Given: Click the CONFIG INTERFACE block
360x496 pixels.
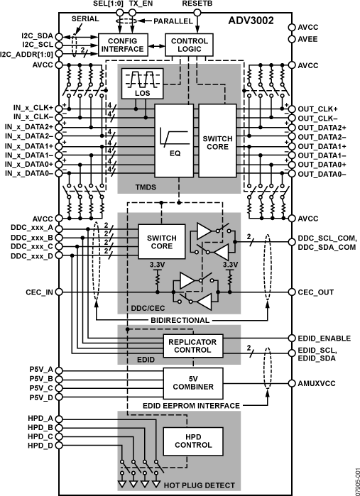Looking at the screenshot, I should click(122, 45).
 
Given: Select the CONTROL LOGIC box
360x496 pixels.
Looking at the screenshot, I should click(190, 45).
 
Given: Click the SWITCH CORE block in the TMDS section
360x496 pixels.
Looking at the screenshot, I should click(217, 141).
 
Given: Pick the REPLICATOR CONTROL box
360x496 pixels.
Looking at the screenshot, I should click(192, 346).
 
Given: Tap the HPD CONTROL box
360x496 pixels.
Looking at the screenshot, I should click(192, 441).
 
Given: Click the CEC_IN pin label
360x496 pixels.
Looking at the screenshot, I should click(36, 292).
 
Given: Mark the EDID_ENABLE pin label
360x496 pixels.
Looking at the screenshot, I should click(321, 338).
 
